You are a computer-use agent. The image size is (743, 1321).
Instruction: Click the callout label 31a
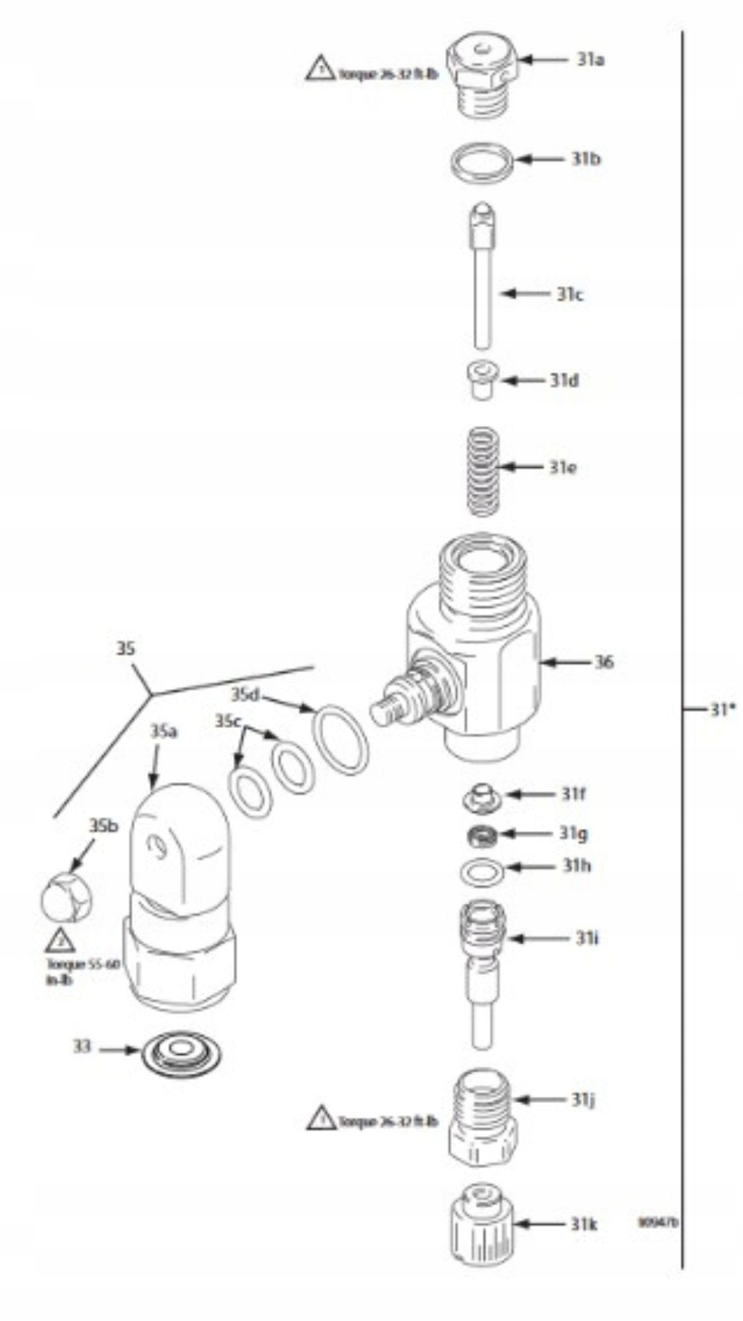coord(590,60)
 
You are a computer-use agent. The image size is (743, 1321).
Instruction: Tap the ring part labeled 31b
coord(482,161)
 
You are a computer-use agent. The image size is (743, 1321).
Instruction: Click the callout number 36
coord(603,663)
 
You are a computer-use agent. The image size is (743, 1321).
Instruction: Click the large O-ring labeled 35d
coord(341,737)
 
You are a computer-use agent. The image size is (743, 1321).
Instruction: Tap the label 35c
coord(228,721)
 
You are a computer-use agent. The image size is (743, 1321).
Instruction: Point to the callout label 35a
coord(164,731)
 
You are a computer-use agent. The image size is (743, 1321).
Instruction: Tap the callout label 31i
coord(586,938)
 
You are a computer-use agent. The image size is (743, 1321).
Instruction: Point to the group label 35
coord(125,649)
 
